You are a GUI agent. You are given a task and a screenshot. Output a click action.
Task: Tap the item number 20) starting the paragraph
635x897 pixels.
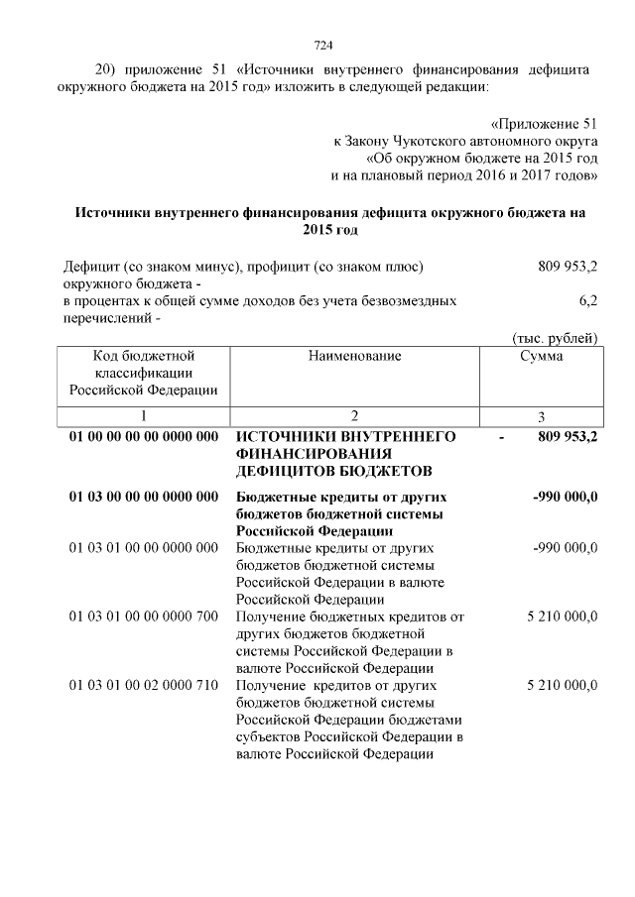coord(107,70)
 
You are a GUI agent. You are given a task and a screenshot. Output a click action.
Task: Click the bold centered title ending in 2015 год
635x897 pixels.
coord(317,221)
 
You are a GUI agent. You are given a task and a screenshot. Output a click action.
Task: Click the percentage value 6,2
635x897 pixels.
coord(587,298)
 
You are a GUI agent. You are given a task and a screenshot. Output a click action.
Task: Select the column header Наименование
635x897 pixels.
coord(354,356)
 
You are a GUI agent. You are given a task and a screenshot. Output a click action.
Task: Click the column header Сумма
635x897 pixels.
coord(541,356)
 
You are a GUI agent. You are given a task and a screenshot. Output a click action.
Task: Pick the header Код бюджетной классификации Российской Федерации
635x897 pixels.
coord(144,373)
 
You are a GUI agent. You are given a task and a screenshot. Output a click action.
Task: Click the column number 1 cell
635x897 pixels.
coord(144,416)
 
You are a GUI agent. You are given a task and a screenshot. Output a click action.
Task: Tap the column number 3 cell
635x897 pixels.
coord(541,416)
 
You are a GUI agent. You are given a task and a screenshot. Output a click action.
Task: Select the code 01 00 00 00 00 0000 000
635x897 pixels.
coord(144,436)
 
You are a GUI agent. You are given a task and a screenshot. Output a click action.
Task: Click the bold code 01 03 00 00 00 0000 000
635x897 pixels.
coord(144,496)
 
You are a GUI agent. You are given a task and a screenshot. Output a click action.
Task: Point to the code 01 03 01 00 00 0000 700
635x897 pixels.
coord(144,617)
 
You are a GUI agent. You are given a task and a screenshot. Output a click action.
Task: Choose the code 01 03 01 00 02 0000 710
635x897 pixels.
coord(144,685)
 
